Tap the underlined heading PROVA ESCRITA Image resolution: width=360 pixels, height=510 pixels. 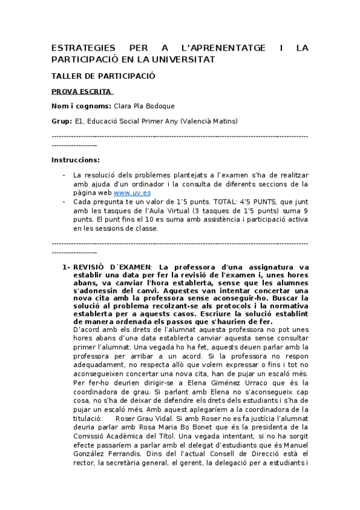click(x=82, y=91)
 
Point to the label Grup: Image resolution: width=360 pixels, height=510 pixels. click(x=61, y=121)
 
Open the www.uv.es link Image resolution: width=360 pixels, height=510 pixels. click(x=132, y=192)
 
